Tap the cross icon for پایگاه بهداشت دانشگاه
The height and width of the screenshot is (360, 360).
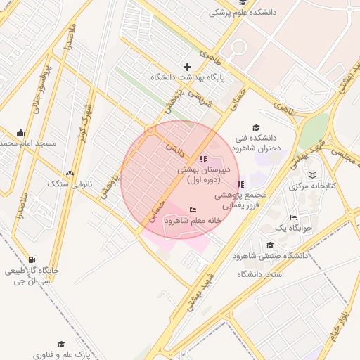coord(187,67)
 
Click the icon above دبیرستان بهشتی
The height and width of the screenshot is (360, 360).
coord(204,159)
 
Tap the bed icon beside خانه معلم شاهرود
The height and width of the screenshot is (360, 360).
coord(193,210)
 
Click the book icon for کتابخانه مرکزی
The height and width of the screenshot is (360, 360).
coord(313,175)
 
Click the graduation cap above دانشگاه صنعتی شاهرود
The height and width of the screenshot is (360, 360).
coord(270,245)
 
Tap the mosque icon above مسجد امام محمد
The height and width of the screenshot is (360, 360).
coord(21,132)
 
